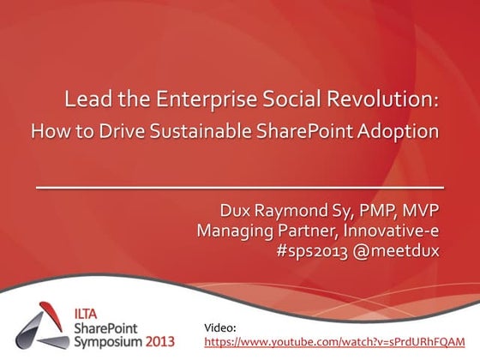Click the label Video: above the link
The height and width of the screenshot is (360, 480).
222,327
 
